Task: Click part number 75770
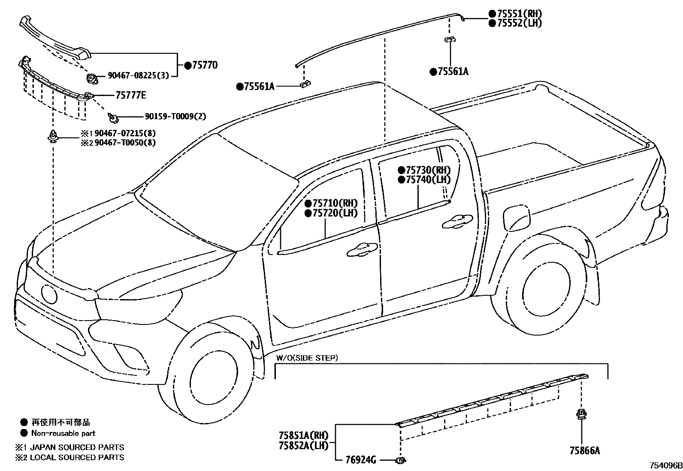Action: [205, 66]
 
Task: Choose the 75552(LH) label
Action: [519, 23]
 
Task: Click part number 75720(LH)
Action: [335, 213]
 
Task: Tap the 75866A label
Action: [585, 451]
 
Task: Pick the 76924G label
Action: [361, 460]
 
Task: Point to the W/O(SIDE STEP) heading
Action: [307, 357]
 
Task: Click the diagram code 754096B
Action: [665, 465]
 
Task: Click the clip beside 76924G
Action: [400, 460]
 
